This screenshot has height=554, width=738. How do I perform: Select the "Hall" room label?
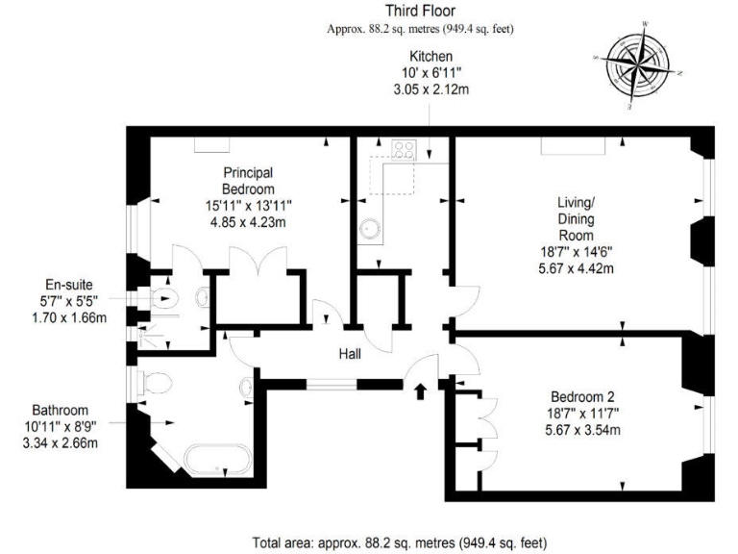(x=350, y=355)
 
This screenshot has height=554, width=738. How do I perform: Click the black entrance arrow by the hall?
(x=419, y=390)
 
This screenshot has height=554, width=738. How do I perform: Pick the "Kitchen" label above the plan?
(x=430, y=58)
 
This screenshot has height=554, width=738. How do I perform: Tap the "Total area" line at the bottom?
(x=399, y=541)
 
